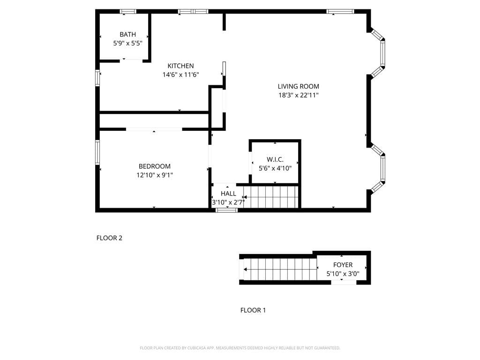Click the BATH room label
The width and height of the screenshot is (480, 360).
pyautogui.click(x=127, y=34)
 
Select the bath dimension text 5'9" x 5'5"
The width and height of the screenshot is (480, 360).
pyautogui.click(x=127, y=43)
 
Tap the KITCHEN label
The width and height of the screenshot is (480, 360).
pyautogui.click(x=180, y=66)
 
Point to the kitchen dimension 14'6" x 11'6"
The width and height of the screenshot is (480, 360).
pyautogui.click(x=180, y=75)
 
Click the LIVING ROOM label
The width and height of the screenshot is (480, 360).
pyautogui.click(x=298, y=86)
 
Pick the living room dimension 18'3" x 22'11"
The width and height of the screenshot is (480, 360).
pyautogui.click(x=298, y=95)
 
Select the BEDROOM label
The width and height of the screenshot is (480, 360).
pyautogui.click(x=154, y=166)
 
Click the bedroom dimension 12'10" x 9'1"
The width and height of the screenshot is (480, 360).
pyautogui.click(x=154, y=175)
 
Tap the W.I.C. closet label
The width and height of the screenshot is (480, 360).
pyautogui.click(x=275, y=159)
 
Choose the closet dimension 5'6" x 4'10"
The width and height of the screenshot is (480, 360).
pyautogui.click(x=275, y=168)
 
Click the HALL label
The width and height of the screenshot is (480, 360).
pyautogui.click(x=228, y=194)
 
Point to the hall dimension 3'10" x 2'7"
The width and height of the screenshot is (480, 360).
pyautogui.click(x=228, y=202)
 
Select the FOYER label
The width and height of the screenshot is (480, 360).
pyautogui.click(x=343, y=265)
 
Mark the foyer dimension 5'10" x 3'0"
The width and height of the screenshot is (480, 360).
pyautogui.click(x=343, y=274)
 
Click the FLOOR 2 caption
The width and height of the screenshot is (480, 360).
pyautogui.click(x=109, y=238)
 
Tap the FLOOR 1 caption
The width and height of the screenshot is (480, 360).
pyautogui.click(x=253, y=310)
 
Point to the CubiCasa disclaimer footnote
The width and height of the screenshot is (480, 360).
pyautogui.click(x=240, y=348)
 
